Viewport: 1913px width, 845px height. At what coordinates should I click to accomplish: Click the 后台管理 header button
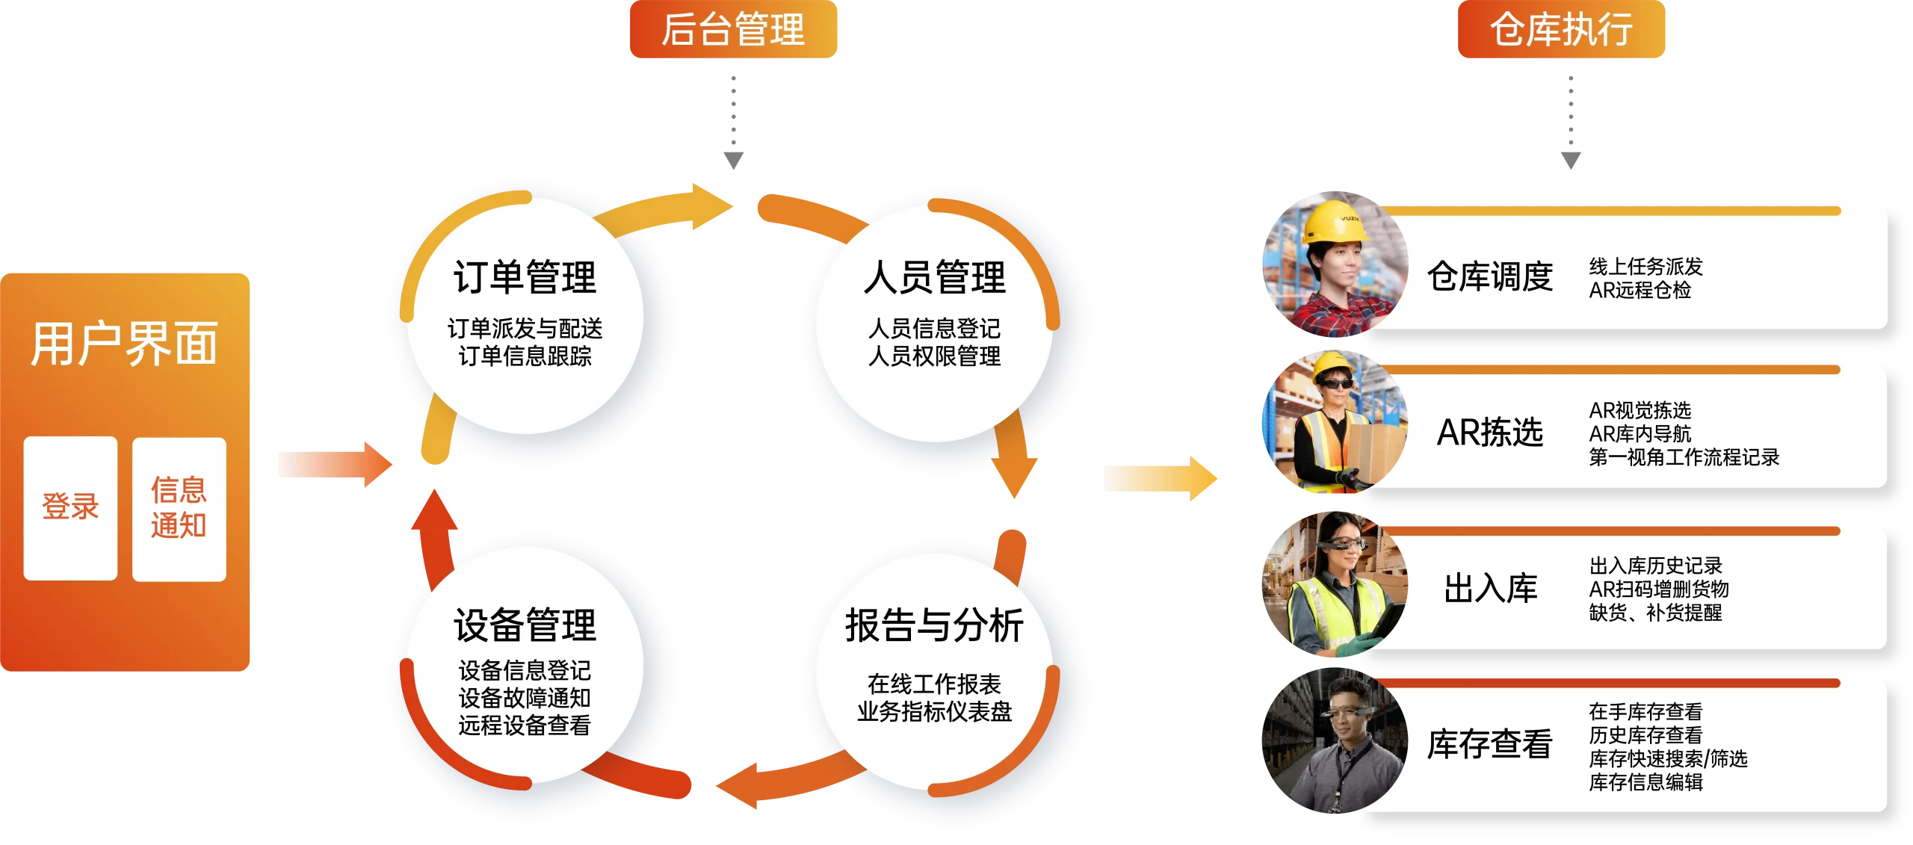[733, 30]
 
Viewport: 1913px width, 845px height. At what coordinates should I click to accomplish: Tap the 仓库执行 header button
[1561, 30]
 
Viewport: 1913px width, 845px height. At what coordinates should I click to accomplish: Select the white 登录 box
[70, 507]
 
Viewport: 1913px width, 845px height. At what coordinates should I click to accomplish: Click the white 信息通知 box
[179, 508]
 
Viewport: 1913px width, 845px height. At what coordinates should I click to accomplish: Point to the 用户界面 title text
[124, 344]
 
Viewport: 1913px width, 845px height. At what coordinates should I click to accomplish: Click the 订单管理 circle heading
[525, 278]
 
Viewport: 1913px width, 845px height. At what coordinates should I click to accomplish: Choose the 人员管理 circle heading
[934, 278]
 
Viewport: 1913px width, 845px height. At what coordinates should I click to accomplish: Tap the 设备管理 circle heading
[525, 625]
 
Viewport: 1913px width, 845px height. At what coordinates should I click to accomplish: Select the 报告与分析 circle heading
[934, 625]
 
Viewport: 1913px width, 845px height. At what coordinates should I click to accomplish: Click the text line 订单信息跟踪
[525, 356]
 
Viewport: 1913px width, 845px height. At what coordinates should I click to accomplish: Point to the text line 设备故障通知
[525, 698]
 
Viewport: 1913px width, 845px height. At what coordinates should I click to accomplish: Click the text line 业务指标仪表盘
[934, 712]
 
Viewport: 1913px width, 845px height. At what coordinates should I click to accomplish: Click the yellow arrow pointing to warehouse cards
[1159, 478]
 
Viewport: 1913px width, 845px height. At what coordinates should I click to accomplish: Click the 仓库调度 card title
[1490, 277]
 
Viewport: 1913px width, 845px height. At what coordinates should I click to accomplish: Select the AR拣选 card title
[1490, 433]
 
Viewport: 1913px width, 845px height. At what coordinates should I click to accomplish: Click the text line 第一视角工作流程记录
[1684, 457]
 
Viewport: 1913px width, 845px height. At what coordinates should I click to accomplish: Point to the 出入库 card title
[1490, 589]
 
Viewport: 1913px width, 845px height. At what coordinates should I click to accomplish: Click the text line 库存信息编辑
[1645, 782]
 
